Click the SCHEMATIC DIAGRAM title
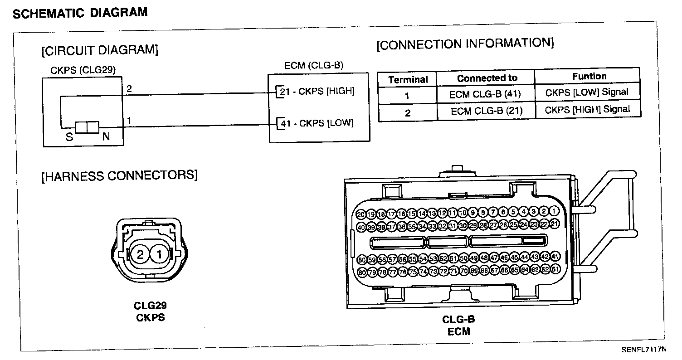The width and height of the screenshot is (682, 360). click(x=80, y=13)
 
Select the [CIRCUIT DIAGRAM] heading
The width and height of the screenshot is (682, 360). click(x=100, y=50)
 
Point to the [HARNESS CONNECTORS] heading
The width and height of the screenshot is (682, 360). click(x=120, y=175)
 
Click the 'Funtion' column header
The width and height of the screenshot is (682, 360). click(x=589, y=76)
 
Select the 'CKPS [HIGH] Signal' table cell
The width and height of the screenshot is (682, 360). click(x=587, y=109)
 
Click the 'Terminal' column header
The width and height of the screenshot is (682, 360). click(x=408, y=80)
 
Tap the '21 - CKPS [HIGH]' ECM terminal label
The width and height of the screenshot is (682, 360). click(x=317, y=92)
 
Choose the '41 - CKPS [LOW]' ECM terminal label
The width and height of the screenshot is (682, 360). click(x=317, y=123)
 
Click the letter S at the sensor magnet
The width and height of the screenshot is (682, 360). click(x=69, y=136)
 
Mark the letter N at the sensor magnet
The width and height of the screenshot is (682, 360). click(x=106, y=136)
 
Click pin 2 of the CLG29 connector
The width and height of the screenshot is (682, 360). click(x=140, y=255)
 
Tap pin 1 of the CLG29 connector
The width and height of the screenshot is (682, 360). click(x=159, y=255)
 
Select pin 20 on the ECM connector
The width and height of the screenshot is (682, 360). click(x=361, y=214)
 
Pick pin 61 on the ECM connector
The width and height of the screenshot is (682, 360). click(x=555, y=269)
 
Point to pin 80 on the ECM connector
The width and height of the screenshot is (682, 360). click(x=361, y=272)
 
